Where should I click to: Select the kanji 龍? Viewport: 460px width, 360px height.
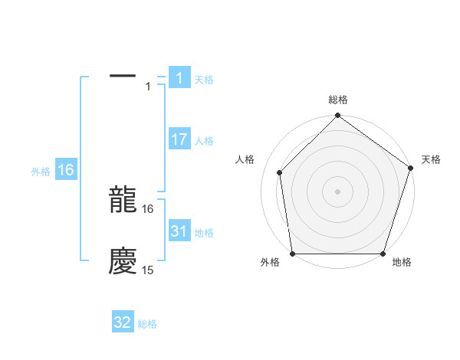click(123, 201)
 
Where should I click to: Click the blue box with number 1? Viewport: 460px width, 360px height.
click(179, 78)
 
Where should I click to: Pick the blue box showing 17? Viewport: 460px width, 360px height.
click(179, 139)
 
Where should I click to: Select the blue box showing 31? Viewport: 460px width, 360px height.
click(179, 231)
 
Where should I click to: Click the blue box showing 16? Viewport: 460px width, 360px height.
click(65, 170)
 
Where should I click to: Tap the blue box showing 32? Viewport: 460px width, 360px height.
click(123, 322)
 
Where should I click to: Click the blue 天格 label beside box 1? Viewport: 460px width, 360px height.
click(204, 80)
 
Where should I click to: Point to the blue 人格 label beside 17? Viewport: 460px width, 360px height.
click(204, 141)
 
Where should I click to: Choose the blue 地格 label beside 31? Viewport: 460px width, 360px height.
click(204, 233)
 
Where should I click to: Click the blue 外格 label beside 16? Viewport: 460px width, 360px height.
click(41, 172)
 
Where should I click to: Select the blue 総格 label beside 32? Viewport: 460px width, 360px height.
click(147, 324)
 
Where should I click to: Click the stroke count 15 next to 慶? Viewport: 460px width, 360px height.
click(148, 270)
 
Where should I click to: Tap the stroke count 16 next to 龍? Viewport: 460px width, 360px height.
click(148, 208)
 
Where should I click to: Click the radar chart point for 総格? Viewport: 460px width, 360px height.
click(337, 117)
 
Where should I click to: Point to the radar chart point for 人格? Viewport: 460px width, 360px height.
click(280, 172)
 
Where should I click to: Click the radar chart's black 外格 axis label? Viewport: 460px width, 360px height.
click(270, 263)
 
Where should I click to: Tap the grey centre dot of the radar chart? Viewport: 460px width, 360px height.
click(337, 191)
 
